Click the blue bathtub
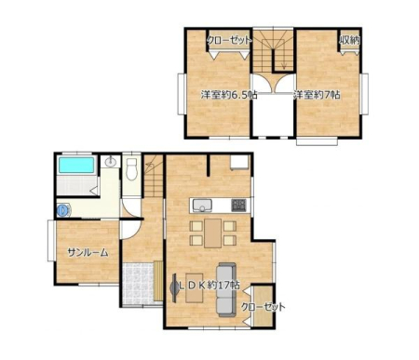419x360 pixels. [76, 165]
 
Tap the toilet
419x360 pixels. [132, 169]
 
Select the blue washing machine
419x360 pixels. [63, 210]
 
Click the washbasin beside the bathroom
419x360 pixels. [110, 162]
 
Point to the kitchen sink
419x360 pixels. [202, 205]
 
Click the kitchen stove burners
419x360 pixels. [239, 205]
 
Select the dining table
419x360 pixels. [213, 233]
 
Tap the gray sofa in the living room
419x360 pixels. [225, 289]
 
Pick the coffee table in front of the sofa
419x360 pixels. [195, 287]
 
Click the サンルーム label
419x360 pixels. [88, 253]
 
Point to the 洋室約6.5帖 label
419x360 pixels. [229, 95]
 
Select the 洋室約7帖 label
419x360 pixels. [317, 95]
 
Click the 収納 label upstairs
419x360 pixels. [350, 40]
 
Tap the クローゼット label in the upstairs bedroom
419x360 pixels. [229, 40]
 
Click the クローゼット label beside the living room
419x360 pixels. [264, 307]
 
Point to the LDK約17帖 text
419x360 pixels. [209, 286]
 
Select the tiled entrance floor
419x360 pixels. [139, 284]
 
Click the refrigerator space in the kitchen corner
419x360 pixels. [239, 163]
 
